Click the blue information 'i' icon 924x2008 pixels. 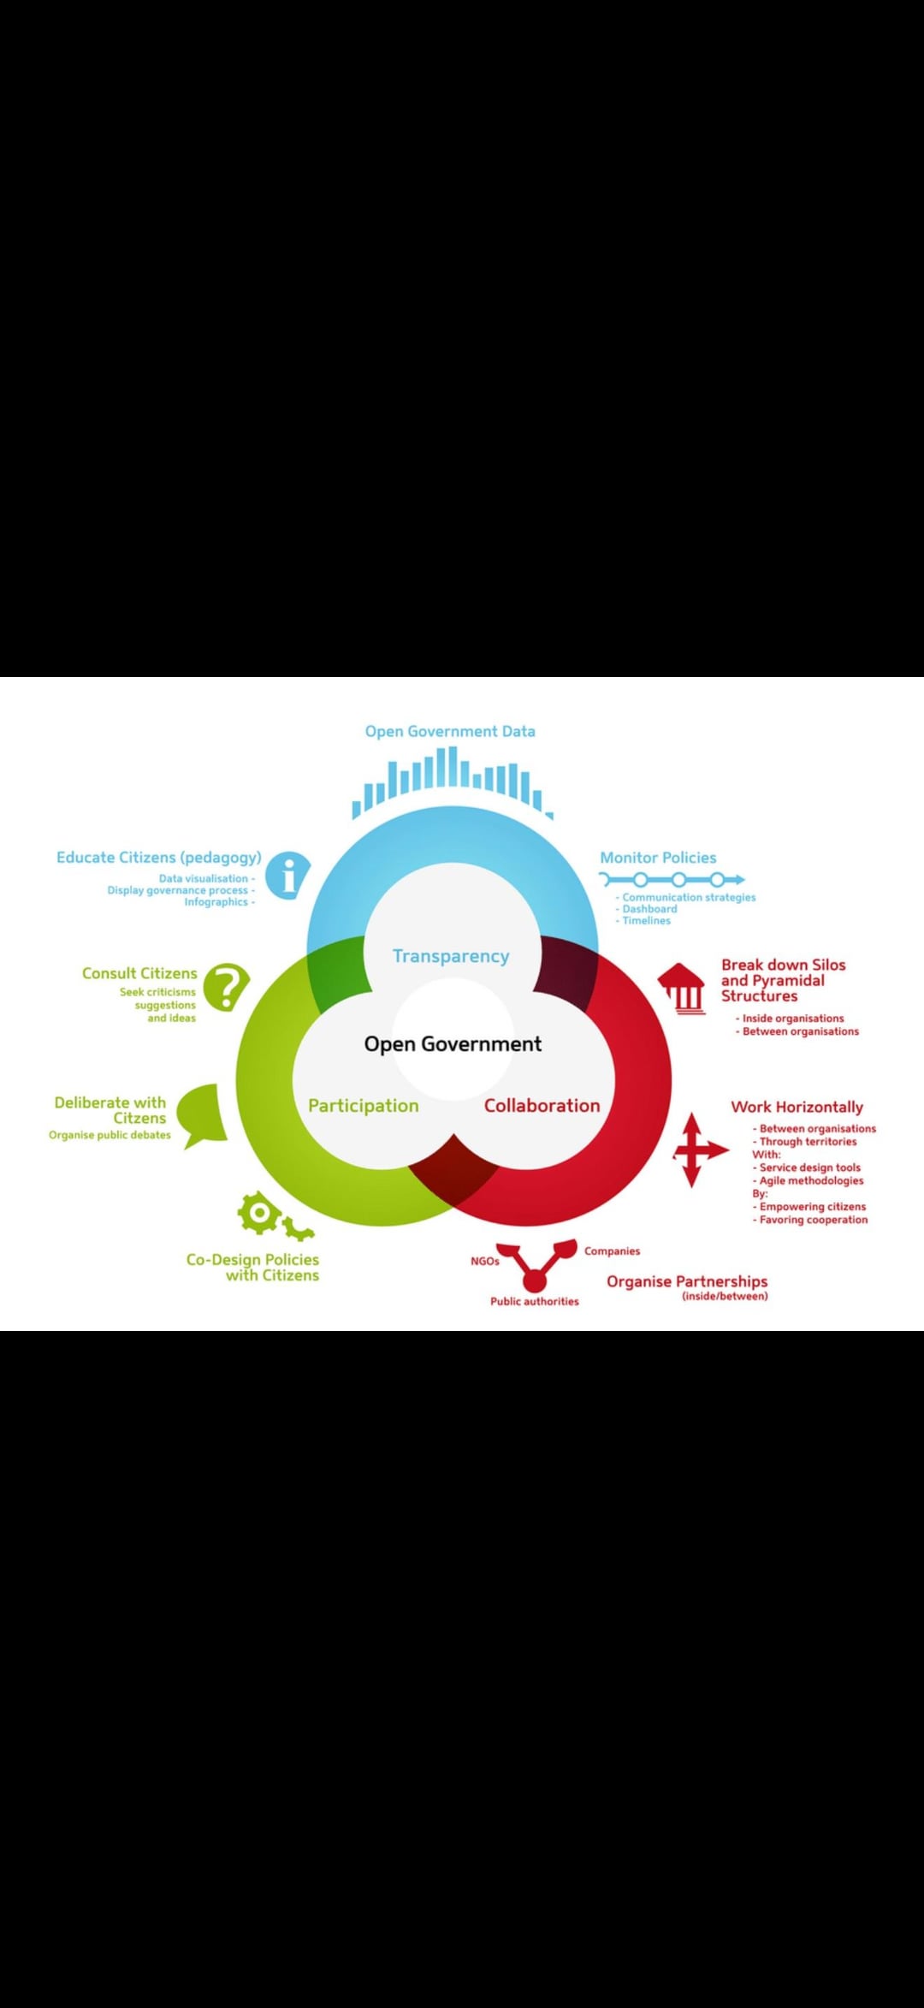[287, 876]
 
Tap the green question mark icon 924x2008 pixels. [227, 987]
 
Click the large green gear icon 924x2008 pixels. [259, 1212]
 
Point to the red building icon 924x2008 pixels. [682, 989]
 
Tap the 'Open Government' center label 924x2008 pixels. [453, 1044]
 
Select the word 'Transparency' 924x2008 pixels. [451, 956]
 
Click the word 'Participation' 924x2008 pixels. [364, 1106]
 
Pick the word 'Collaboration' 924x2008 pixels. [542, 1105]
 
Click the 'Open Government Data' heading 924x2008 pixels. [450, 731]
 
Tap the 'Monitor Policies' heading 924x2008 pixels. [658, 857]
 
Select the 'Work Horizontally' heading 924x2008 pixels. [797, 1107]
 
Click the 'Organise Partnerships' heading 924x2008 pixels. [687, 1281]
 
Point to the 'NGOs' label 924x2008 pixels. [485, 1261]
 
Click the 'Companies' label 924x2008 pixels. [613, 1251]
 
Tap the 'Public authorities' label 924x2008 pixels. [535, 1301]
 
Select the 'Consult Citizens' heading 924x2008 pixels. [139, 973]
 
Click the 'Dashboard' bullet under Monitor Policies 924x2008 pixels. [647, 909]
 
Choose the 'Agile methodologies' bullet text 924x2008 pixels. [808, 1180]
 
